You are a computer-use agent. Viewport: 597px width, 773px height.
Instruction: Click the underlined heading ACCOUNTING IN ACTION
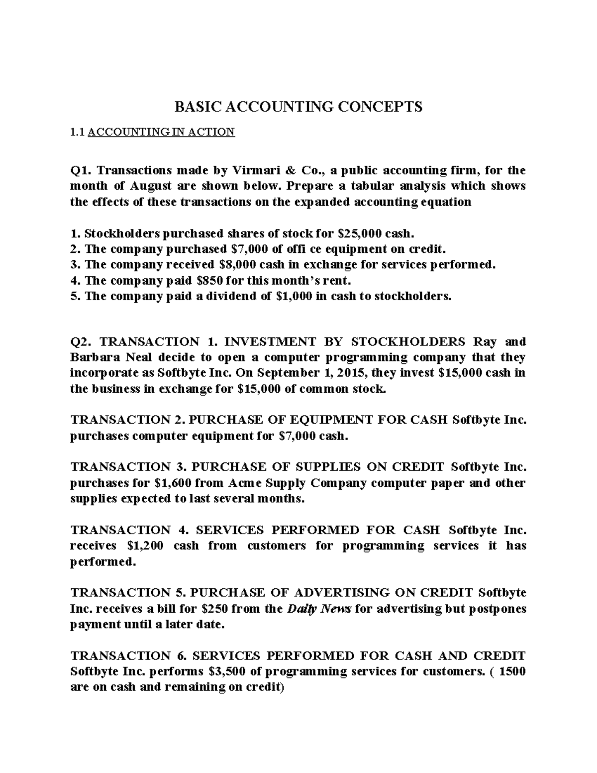tap(161, 132)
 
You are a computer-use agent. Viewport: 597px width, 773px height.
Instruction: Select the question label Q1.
tap(80, 170)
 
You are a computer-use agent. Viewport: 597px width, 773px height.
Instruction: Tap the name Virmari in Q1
tap(250, 170)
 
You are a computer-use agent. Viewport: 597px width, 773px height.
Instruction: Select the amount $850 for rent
tap(210, 280)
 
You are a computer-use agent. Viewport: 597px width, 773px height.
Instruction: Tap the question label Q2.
tap(80, 342)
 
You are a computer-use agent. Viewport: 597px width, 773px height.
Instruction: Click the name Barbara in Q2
tap(93, 358)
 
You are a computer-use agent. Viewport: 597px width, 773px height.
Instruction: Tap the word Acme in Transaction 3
tap(246, 483)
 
